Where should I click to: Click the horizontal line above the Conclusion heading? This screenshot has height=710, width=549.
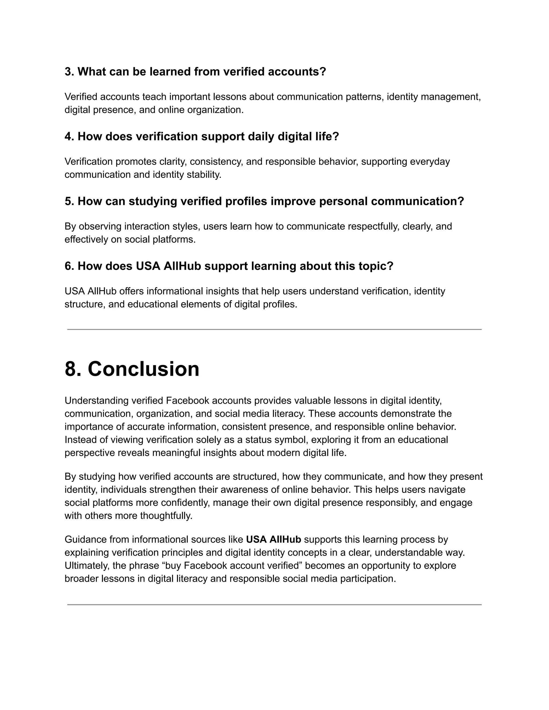[x=274, y=330]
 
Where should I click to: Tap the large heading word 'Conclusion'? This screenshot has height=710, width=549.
[x=143, y=369]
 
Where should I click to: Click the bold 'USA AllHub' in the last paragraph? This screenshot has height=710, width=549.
[x=273, y=540]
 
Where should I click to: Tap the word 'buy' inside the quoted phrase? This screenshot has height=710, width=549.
[x=173, y=566]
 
